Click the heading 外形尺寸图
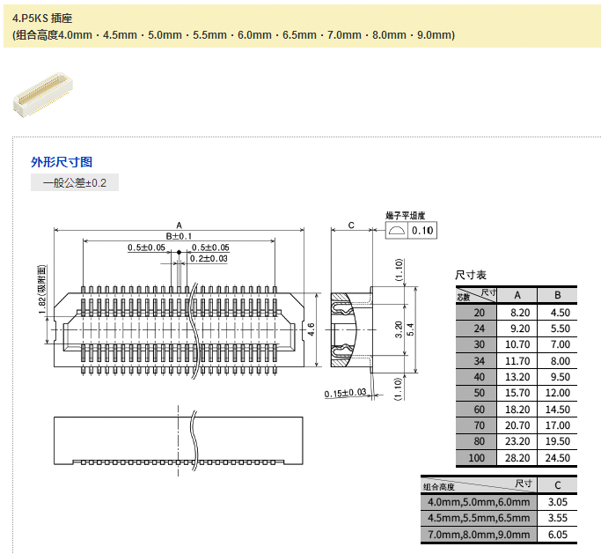pyautogui.click(x=62, y=162)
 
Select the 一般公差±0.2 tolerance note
pyautogui.click(x=75, y=183)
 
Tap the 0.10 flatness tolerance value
pyautogui.click(x=423, y=231)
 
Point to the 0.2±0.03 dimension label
pyautogui.click(x=209, y=258)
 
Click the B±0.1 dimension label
pyautogui.click(x=179, y=236)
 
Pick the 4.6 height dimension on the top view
pyautogui.click(x=311, y=329)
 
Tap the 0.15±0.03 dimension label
pyautogui.click(x=345, y=393)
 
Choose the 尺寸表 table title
pyautogui.click(x=471, y=276)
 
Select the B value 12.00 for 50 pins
pyautogui.click(x=559, y=393)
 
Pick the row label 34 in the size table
pyautogui.click(x=479, y=360)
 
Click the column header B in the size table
pyautogui.click(x=559, y=295)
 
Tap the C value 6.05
pyautogui.click(x=556, y=535)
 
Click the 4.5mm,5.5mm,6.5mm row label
pyautogui.click(x=478, y=518)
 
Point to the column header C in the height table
pyautogui.click(x=556, y=485)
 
